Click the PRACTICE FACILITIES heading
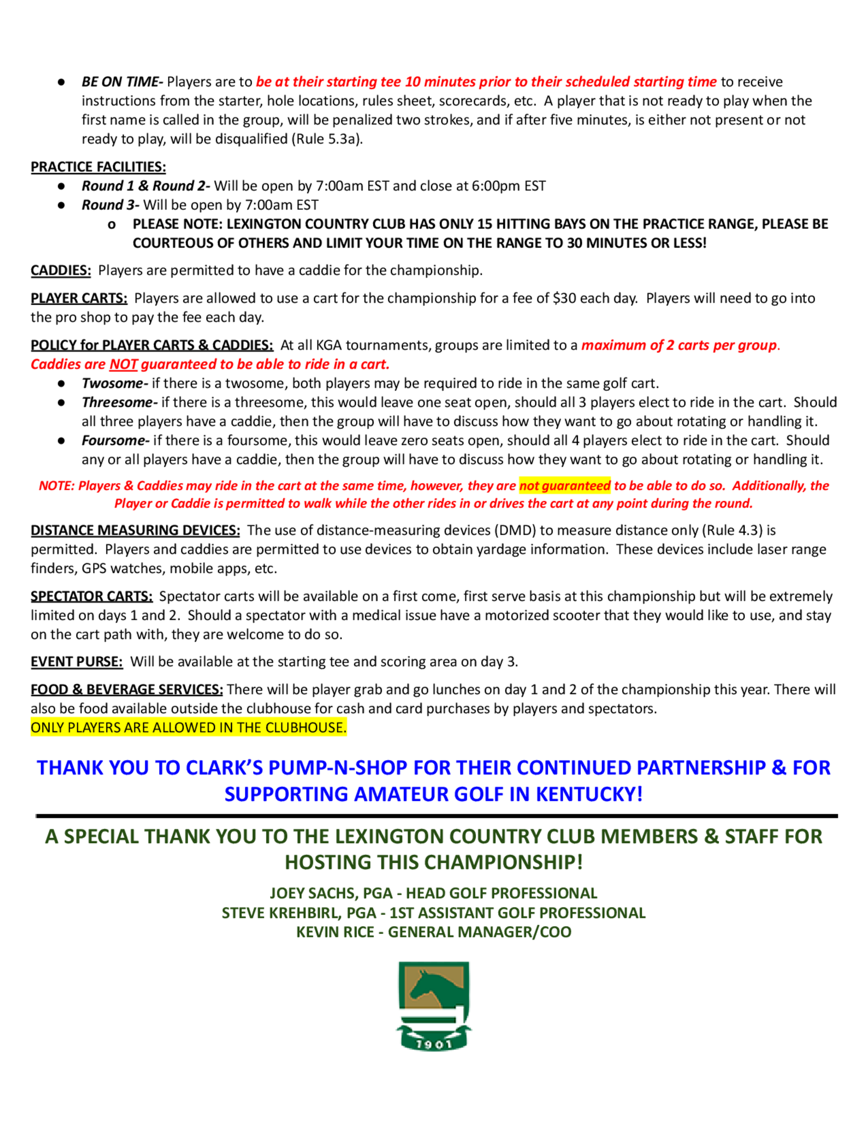pos(98,167)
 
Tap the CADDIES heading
pos(61,270)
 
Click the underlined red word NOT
pos(123,364)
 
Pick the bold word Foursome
pos(115,441)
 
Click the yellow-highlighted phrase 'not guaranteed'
pos(565,486)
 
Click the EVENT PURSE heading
pos(77,662)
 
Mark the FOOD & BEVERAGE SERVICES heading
pos(126,690)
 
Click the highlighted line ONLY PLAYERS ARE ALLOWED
pos(188,728)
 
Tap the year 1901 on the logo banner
pos(434,1044)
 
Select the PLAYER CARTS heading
pos(79,298)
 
